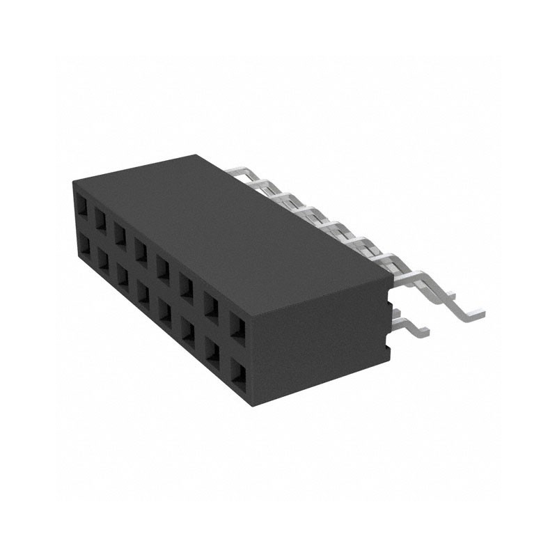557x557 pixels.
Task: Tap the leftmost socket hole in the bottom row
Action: tap(84, 246)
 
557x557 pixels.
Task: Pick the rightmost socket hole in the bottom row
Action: tap(238, 372)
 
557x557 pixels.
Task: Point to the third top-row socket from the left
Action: tap(121, 233)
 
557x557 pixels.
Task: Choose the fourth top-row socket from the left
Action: tap(141, 249)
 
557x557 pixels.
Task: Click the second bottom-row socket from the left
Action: tap(102, 260)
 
